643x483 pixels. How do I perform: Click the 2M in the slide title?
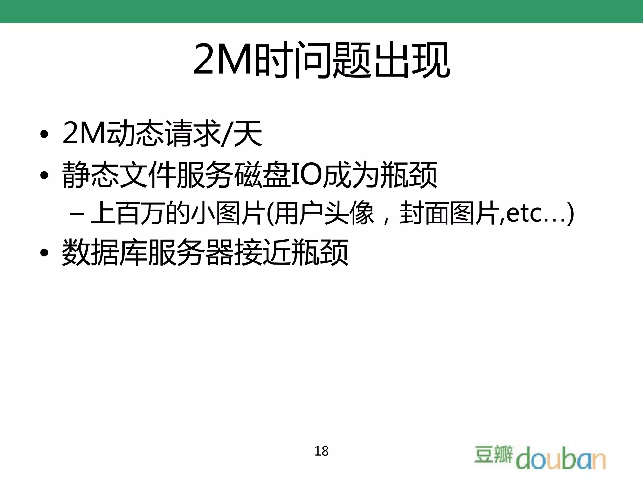click(224, 60)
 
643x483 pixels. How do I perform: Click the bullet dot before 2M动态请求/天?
click(45, 134)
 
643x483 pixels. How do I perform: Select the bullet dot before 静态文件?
click(45, 175)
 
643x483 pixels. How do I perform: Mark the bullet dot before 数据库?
click(45, 253)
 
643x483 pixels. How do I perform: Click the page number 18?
click(321, 451)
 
